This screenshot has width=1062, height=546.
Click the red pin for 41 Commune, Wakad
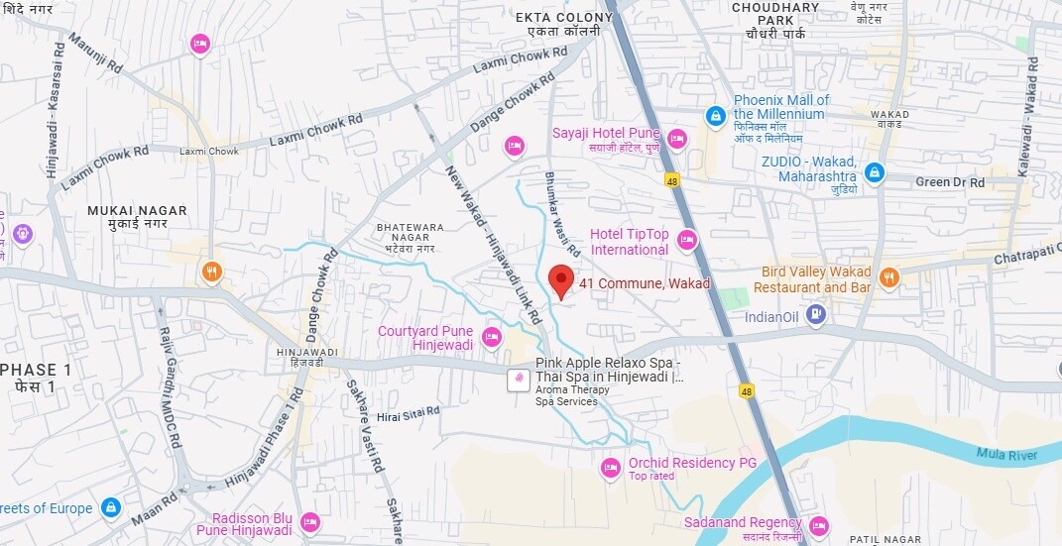tap(562, 280)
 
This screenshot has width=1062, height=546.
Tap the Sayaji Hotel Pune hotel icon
tap(677, 139)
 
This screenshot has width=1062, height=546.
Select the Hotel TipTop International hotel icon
tap(687, 240)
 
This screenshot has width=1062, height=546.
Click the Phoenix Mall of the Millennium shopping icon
tap(715, 116)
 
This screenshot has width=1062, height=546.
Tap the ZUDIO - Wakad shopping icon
tap(874, 172)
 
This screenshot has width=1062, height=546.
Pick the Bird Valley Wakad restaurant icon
tap(889, 277)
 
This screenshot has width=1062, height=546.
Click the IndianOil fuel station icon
tap(816, 315)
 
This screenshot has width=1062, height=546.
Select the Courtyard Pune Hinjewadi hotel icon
tap(491, 337)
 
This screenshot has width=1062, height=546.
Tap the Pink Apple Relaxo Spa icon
tap(517, 378)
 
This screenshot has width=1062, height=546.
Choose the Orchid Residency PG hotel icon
tap(611, 467)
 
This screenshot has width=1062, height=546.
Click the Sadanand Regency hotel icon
tap(818, 524)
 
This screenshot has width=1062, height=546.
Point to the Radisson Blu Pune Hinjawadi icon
tap(309, 521)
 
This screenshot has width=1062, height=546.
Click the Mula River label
tap(1006, 455)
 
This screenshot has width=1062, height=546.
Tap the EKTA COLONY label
tap(563, 17)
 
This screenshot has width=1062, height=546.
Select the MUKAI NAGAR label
tap(127, 211)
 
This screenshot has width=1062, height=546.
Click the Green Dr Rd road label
tap(949, 182)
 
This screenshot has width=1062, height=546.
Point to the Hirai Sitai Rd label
tap(408, 415)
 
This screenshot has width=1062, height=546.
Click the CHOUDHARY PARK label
tap(775, 13)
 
